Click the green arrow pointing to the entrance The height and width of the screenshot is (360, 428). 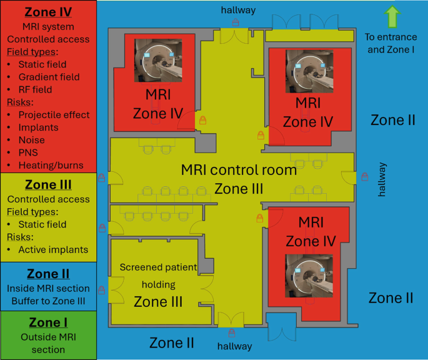tap(392, 16)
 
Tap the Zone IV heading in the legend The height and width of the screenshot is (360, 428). tap(48, 12)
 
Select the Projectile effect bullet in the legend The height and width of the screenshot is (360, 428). tap(54, 114)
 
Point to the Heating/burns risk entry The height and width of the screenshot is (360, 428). tap(50, 165)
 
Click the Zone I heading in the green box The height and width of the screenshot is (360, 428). tap(48, 322)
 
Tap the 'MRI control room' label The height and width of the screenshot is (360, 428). tap(239, 170)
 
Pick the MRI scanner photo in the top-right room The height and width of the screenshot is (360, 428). tap(309, 71)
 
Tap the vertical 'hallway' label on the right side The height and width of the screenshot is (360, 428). tap(382, 180)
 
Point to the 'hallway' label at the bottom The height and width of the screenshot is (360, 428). tap(235, 346)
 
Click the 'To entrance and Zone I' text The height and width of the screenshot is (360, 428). tap(391, 42)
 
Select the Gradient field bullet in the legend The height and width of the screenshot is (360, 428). tap(49, 77)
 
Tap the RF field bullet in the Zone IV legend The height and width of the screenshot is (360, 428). tap(35, 89)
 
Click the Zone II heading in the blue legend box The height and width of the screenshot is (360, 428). tap(48, 274)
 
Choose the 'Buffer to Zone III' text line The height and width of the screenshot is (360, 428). tap(48, 301)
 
